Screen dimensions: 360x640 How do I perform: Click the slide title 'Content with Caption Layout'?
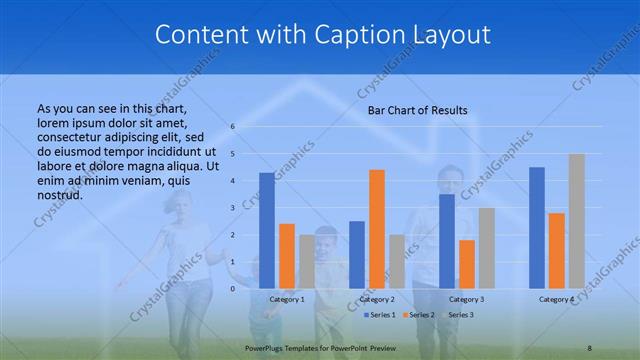pyautogui.click(x=322, y=34)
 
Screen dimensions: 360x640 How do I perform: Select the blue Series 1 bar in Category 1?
pyautogui.click(x=266, y=230)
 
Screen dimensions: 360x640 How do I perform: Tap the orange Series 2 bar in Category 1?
pyautogui.click(x=286, y=256)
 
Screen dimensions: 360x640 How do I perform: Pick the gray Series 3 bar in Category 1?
pyautogui.click(x=306, y=261)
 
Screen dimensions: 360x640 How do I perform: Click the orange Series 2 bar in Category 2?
pyautogui.click(x=376, y=229)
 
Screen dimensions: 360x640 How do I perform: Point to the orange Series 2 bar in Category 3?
pyautogui.click(x=466, y=264)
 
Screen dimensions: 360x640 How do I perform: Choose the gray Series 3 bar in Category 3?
pyautogui.click(x=486, y=248)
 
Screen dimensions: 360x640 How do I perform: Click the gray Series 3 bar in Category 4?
pyautogui.click(x=576, y=221)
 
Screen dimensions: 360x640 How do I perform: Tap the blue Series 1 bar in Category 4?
pyautogui.click(x=537, y=227)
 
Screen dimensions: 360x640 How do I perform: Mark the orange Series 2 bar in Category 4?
pyautogui.click(x=556, y=250)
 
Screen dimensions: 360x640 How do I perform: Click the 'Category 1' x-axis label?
pyautogui.click(x=287, y=299)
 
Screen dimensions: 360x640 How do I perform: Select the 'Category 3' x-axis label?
pyautogui.click(x=466, y=299)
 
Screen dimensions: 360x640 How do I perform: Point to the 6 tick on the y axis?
pyautogui.click(x=232, y=127)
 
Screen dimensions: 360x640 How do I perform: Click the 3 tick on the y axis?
pyautogui.click(x=232, y=208)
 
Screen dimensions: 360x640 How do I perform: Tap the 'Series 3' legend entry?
pyautogui.click(x=460, y=315)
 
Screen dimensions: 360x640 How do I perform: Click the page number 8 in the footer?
pyautogui.click(x=590, y=347)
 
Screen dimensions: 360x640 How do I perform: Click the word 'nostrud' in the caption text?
pyautogui.click(x=58, y=194)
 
